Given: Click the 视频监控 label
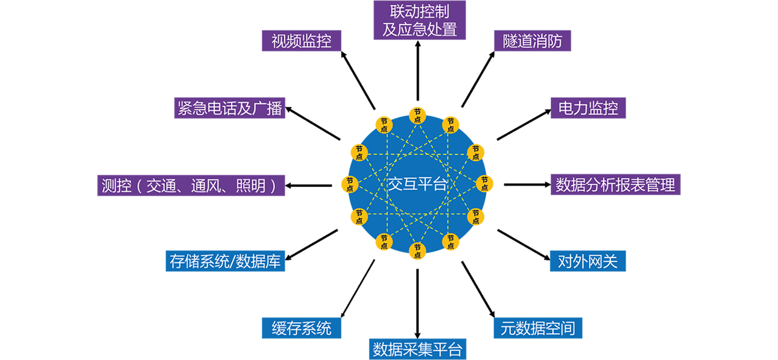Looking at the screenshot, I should [x=301, y=42].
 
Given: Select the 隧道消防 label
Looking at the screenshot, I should [x=532, y=42].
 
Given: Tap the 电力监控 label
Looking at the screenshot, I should [x=588, y=108].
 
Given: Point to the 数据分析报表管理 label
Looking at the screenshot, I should [x=615, y=186].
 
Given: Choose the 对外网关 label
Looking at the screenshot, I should [x=588, y=261].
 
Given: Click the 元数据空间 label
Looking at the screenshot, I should [x=537, y=328].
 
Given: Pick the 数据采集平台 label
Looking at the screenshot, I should [x=418, y=350].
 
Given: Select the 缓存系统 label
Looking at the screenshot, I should [x=301, y=328].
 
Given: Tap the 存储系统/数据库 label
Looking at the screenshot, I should [x=225, y=261].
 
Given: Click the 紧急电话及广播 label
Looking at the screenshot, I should [x=230, y=108].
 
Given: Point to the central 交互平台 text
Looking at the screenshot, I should [x=418, y=184].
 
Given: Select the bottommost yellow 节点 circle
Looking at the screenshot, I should [x=417, y=252].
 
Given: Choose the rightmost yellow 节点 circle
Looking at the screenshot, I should [x=484, y=184].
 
